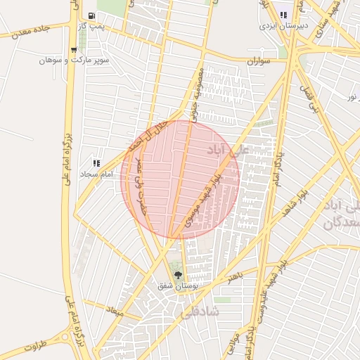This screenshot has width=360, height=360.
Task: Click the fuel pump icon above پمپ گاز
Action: tap(92, 15)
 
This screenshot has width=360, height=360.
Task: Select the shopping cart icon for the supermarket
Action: tap(74, 50)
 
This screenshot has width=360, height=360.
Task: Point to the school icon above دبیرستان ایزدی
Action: tap(284, 15)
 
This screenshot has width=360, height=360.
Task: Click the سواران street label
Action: tap(259, 62)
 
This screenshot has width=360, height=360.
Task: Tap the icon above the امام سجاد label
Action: tap(96, 163)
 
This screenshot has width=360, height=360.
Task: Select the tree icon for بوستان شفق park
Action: tap(177, 274)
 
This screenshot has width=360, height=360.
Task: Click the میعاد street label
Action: tap(113, 309)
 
